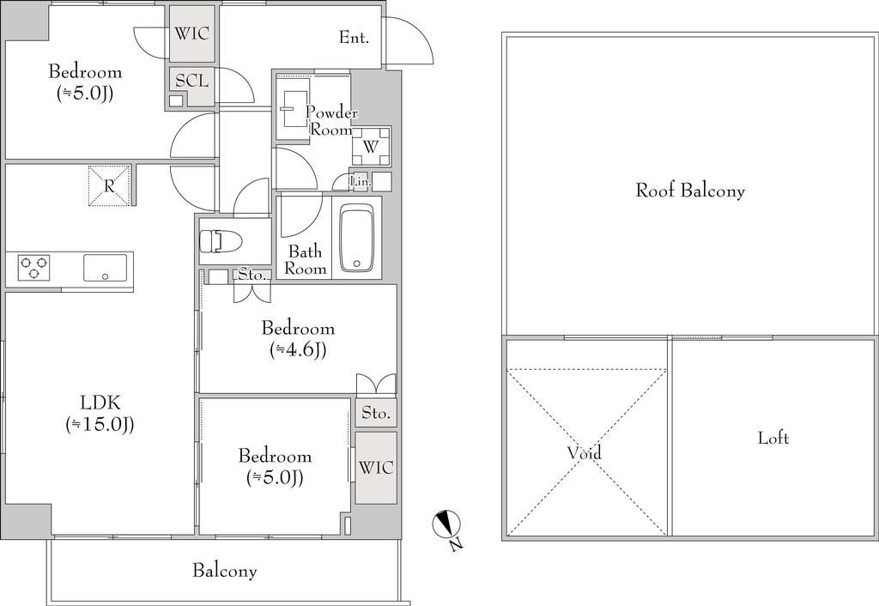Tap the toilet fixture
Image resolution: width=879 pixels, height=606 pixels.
pyautogui.click(x=220, y=241)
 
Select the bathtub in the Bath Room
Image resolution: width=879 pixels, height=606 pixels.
pyautogui.click(x=357, y=239)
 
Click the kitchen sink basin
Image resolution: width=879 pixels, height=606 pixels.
pyautogui.click(x=106, y=268)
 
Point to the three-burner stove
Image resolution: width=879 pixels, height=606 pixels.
pyautogui.click(x=33, y=268)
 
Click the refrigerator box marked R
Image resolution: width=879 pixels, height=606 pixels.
pyautogui.click(x=109, y=185)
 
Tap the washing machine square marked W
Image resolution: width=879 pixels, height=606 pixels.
pyautogui.click(x=371, y=147)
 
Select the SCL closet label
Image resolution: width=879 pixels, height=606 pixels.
pyautogui.click(x=191, y=81)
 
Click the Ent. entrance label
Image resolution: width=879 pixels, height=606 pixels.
pyautogui.click(x=354, y=38)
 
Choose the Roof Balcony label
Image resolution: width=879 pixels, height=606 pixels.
pyautogui.click(x=690, y=191)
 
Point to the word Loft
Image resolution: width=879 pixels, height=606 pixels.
pyautogui.click(x=773, y=438)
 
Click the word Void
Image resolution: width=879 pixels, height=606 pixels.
pyautogui.click(x=585, y=452)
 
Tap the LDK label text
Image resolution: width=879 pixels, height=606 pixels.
pyautogui.click(x=100, y=402)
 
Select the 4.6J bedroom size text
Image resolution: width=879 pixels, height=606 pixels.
pyautogui.click(x=298, y=350)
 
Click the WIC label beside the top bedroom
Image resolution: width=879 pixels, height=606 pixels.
pyautogui.click(x=191, y=33)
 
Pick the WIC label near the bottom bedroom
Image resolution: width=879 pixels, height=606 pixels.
pyautogui.click(x=376, y=468)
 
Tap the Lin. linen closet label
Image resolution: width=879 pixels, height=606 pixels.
pyautogui.click(x=360, y=181)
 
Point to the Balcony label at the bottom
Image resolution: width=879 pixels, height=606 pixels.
pyautogui.click(x=225, y=572)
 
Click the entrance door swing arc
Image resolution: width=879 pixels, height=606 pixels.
pyautogui.click(x=419, y=34)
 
